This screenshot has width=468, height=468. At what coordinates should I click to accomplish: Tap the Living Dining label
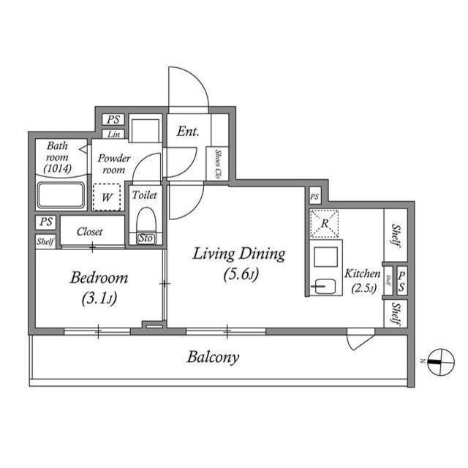[238, 254]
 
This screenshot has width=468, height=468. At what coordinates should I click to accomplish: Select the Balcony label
[213, 358]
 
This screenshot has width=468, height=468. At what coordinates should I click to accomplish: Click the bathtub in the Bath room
[61, 196]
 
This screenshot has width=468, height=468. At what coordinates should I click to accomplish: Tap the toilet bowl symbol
[146, 220]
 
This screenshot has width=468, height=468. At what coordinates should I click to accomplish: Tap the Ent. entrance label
[189, 132]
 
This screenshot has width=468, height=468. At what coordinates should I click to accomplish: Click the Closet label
[91, 232]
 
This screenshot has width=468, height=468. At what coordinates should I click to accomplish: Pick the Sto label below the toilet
[146, 238]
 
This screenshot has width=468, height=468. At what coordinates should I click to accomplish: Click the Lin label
[114, 135]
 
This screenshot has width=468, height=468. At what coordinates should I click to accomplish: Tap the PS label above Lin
[113, 119]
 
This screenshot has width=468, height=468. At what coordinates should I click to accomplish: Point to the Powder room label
[114, 164]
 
